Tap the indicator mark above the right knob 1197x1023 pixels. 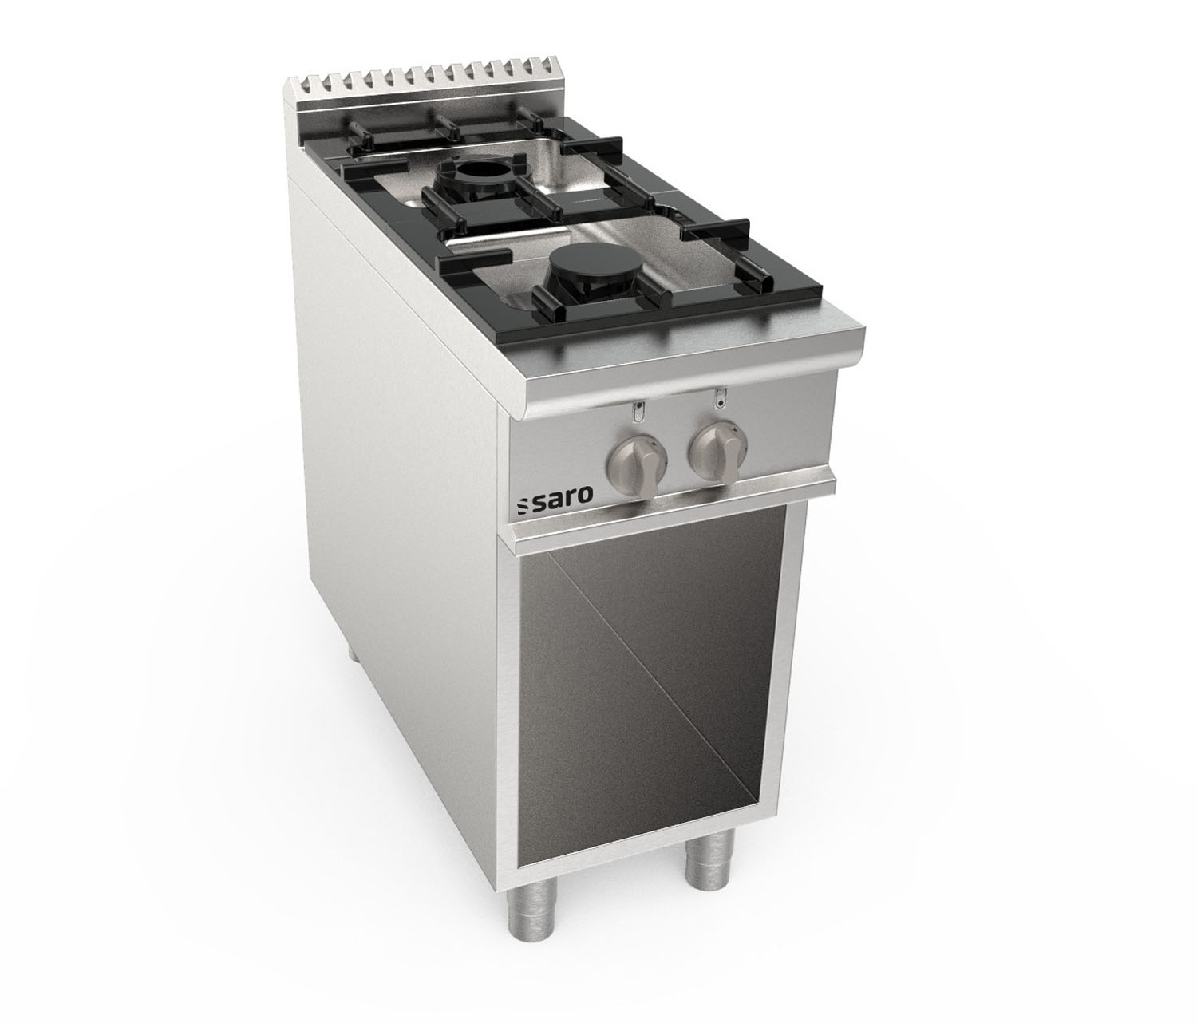point(720,397)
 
